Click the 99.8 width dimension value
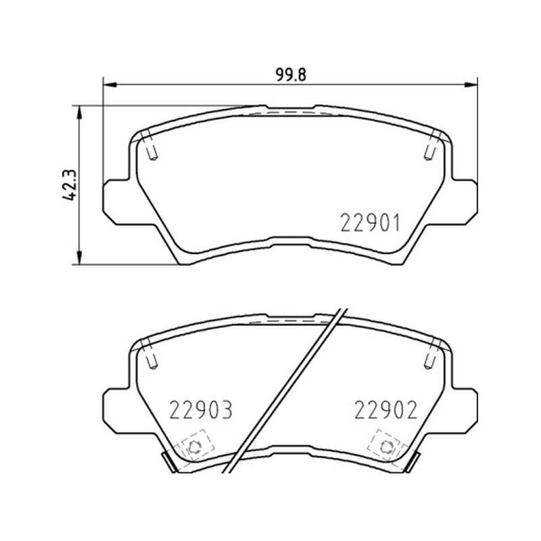(x=291, y=74)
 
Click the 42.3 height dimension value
(x=69, y=185)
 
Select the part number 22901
(x=370, y=223)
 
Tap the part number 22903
(x=201, y=410)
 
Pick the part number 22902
(x=386, y=410)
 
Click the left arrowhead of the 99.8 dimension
(x=110, y=84)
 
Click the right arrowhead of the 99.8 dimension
(x=471, y=84)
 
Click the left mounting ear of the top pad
(x=116, y=202)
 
